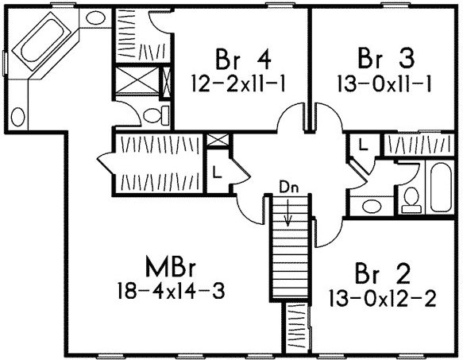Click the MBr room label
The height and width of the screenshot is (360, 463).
pyautogui.click(x=171, y=266)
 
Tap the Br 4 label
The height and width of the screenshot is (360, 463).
pyautogui.click(x=243, y=59)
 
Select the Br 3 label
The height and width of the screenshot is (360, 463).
pyautogui.click(x=386, y=59)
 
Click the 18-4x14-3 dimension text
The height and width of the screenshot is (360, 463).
pyautogui.click(x=172, y=291)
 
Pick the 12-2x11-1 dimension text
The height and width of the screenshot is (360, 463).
pyautogui.click(x=238, y=83)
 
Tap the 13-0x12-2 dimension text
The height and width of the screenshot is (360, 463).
pyautogui.click(x=383, y=298)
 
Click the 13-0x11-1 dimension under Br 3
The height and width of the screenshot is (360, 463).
pyautogui.click(x=384, y=83)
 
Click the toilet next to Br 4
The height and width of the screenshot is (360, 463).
pyautogui.click(x=156, y=115)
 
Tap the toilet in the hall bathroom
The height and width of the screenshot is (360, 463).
pyautogui.click(x=411, y=200)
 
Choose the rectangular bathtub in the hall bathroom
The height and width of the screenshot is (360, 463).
pyautogui.click(x=441, y=187)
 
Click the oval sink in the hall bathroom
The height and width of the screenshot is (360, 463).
pyautogui.click(x=372, y=206)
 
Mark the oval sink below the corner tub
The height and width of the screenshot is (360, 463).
pyautogui.click(x=17, y=117)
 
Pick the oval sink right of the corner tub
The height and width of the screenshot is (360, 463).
pyautogui.click(x=95, y=17)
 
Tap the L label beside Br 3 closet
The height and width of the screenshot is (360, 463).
pyautogui.click(x=363, y=145)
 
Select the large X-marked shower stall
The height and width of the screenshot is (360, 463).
pyautogui.click(x=137, y=80)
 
